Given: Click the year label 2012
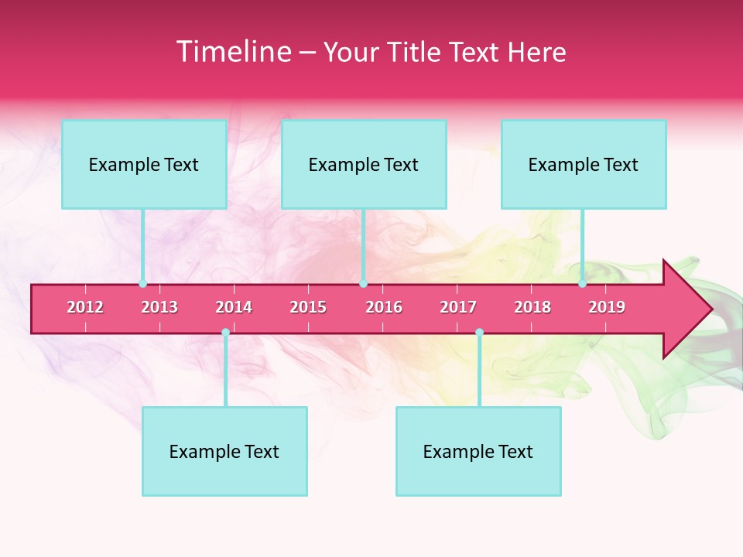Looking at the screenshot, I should click(x=85, y=307).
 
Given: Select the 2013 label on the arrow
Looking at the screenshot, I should click(x=159, y=307).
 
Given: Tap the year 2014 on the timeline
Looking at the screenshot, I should click(x=234, y=307).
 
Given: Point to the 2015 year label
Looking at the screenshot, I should click(x=308, y=307).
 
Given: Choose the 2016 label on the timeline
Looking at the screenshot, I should click(x=384, y=307).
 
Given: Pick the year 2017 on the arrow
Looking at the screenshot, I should click(x=458, y=307).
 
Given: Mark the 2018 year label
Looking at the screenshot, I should click(x=532, y=307).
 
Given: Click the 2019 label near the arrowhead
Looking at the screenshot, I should click(x=607, y=307).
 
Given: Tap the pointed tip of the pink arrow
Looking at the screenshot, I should click(x=710, y=309).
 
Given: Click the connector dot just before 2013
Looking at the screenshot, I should click(x=142, y=284).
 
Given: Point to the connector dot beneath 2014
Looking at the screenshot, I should click(x=225, y=333).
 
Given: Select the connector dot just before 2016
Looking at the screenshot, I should click(x=363, y=284).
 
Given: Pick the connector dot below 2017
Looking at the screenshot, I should click(x=479, y=333).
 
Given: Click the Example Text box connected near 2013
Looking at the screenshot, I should click(x=144, y=164).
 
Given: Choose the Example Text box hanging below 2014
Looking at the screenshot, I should click(x=224, y=451).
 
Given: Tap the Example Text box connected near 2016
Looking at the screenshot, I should click(x=364, y=164).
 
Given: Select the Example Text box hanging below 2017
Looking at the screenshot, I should click(x=478, y=451).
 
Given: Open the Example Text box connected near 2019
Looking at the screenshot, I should click(x=584, y=164).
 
